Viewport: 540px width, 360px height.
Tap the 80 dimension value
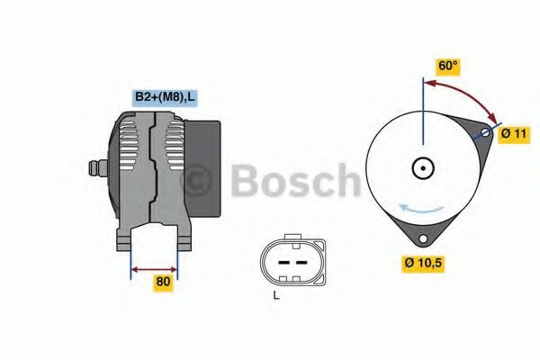pyautogui.click(x=163, y=282)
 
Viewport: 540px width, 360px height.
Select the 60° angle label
pyautogui.click(x=447, y=67)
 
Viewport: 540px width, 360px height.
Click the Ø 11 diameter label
pyautogui.click(x=514, y=132)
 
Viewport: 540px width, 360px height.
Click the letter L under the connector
pyautogui.click(x=277, y=295)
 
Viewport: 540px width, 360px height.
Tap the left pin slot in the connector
pyautogui.click(x=281, y=261)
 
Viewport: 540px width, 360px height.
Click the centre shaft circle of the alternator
pyautogui.click(x=422, y=167)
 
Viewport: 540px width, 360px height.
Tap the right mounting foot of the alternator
pyautogui.click(x=184, y=238)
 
